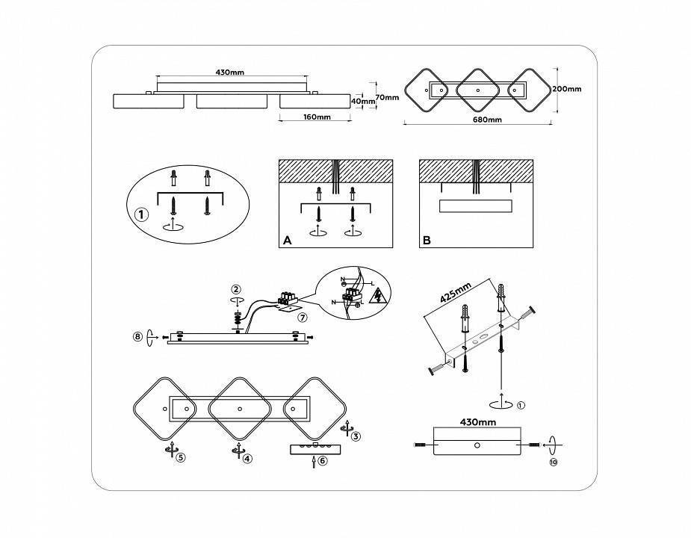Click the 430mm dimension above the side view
[230, 72]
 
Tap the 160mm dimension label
[317, 117]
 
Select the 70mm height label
[385, 97]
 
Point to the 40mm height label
[362, 101]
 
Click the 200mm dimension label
[567, 88]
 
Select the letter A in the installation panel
[287, 240]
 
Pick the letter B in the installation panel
[427, 240]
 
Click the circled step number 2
[236, 289]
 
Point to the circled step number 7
[302, 318]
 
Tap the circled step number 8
[137, 337]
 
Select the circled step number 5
[180, 457]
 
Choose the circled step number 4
[248, 457]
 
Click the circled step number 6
[322, 462]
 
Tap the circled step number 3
[356, 436]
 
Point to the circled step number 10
[553, 463]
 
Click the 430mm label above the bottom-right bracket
[478, 423]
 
